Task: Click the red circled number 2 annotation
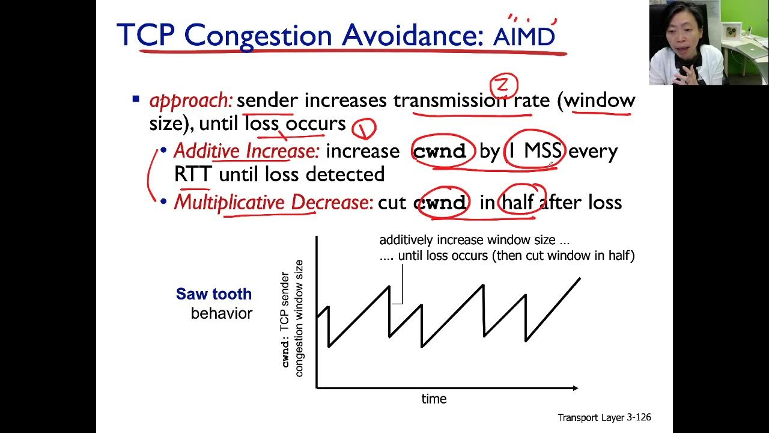click(503, 84)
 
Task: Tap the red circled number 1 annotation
click(363, 128)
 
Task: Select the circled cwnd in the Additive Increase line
click(440, 151)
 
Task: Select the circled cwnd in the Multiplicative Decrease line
click(440, 203)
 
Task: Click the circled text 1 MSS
click(534, 151)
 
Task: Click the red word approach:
click(190, 100)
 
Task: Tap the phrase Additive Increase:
click(246, 151)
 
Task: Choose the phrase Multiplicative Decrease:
click(273, 203)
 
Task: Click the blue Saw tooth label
click(213, 294)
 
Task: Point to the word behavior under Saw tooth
click(221, 313)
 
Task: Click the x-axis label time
click(434, 399)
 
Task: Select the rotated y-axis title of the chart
click(293, 319)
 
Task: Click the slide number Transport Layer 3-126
click(604, 417)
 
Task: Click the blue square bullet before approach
click(136, 99)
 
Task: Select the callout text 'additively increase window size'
click(475, 240)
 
